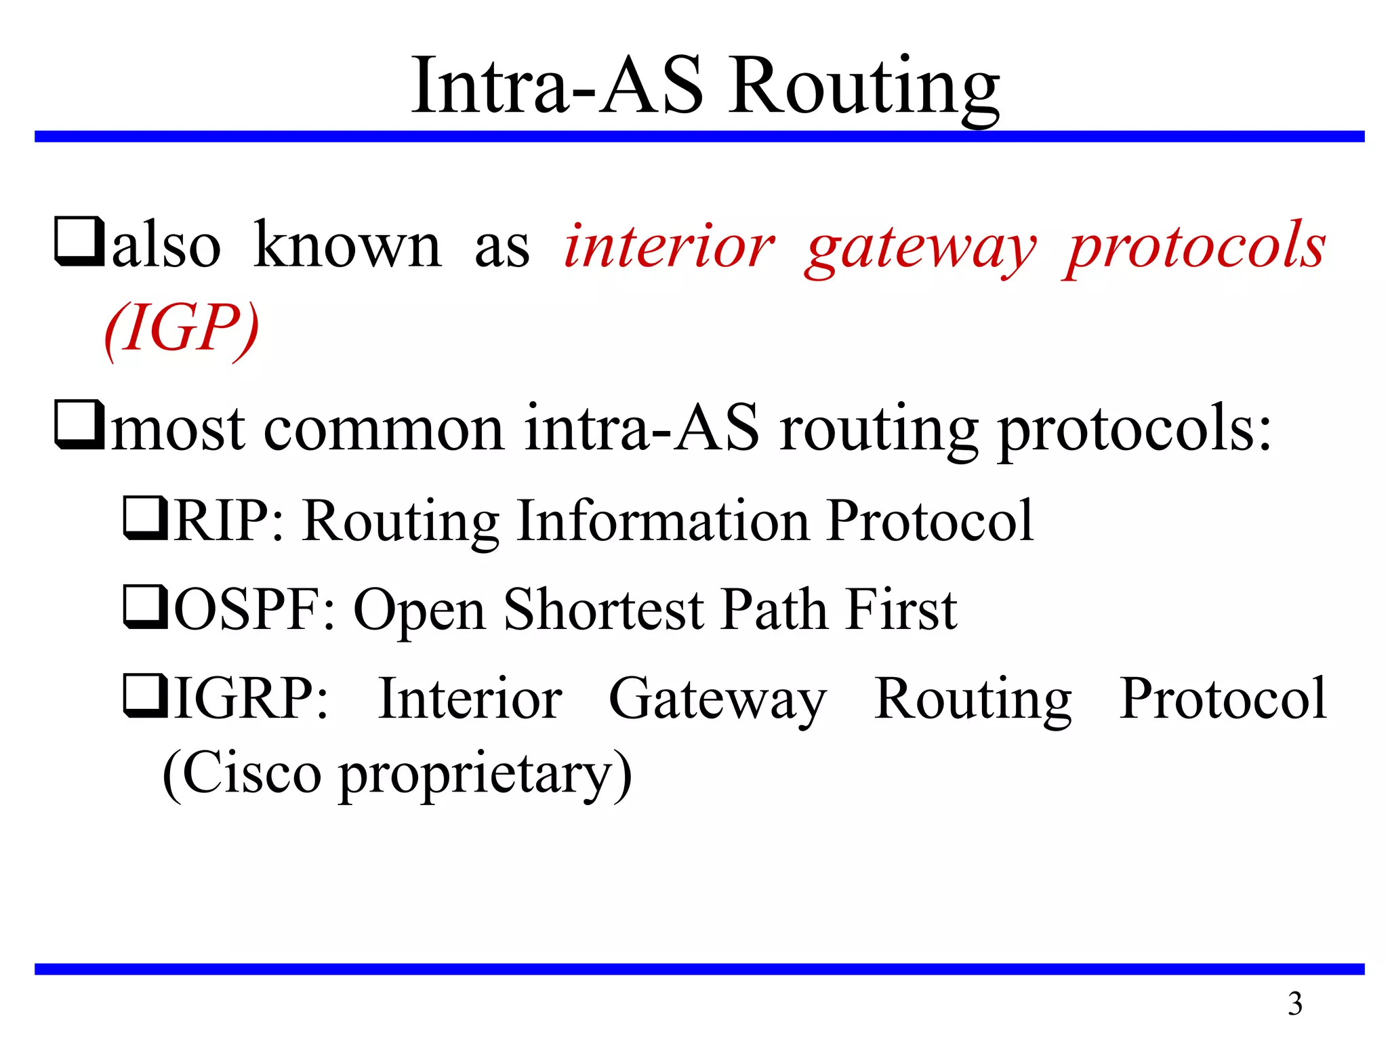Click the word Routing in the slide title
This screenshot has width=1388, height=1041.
tap(863, 88)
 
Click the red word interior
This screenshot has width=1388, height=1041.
tap(669, 247)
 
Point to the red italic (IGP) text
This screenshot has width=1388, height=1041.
tap(182, 329)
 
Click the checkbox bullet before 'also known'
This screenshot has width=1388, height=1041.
tap(79, 242)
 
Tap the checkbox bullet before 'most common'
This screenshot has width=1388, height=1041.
tap(79, 426)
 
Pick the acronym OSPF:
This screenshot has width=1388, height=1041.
tap(255, 609)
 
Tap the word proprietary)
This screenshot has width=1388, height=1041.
tap(485, 777)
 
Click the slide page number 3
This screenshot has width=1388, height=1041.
tap(1294, 1004)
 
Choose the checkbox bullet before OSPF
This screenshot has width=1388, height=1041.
tap(145, 607)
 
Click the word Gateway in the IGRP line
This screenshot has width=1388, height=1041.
tap(717, 700)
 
